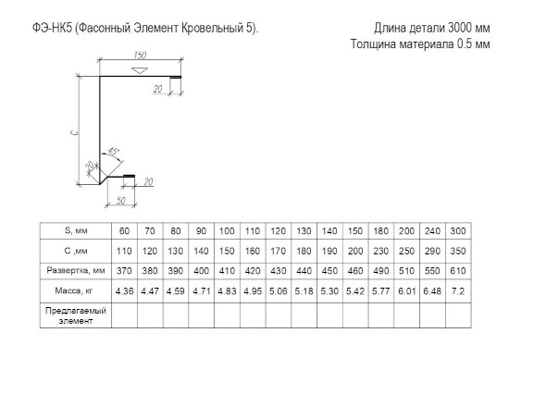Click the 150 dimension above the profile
click(140, 55)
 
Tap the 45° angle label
click(113, 151)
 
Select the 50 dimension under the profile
click(120, 201)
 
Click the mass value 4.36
click(124, 290)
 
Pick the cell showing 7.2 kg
click(458, 290)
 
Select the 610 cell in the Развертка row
click(458, 270)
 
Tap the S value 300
click(458, 231)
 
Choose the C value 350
click(458, 251)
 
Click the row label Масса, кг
click(74, 290)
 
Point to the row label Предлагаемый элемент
click(76, 315)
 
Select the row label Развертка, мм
click(76, 270)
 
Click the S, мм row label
click(76, 230)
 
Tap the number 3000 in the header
click(460, 28)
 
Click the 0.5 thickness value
click(465, 43)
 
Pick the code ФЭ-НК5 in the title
click(52, 28)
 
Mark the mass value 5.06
click(279, 290)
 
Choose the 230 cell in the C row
click(381, 251)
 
